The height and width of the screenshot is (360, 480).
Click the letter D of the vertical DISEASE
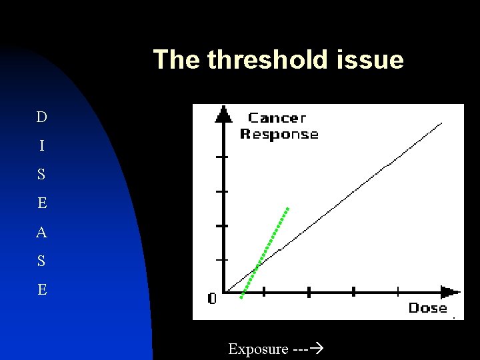point(42,118)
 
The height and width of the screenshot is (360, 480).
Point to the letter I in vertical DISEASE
point(42,146)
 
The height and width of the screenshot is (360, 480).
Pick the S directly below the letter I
point(42,175)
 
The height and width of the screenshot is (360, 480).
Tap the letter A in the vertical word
point(42,233)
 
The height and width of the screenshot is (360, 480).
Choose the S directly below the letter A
point(42,261)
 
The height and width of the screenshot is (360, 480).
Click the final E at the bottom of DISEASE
point(42,290)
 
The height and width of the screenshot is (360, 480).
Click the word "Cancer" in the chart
point(277,119)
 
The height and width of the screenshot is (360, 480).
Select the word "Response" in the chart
point(279,135)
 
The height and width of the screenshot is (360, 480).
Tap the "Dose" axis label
point(427,308)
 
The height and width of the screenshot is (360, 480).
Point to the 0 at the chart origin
point(212,299)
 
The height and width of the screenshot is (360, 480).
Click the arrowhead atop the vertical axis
point(223,115)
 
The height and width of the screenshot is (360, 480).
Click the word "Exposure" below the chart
point(258,349)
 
